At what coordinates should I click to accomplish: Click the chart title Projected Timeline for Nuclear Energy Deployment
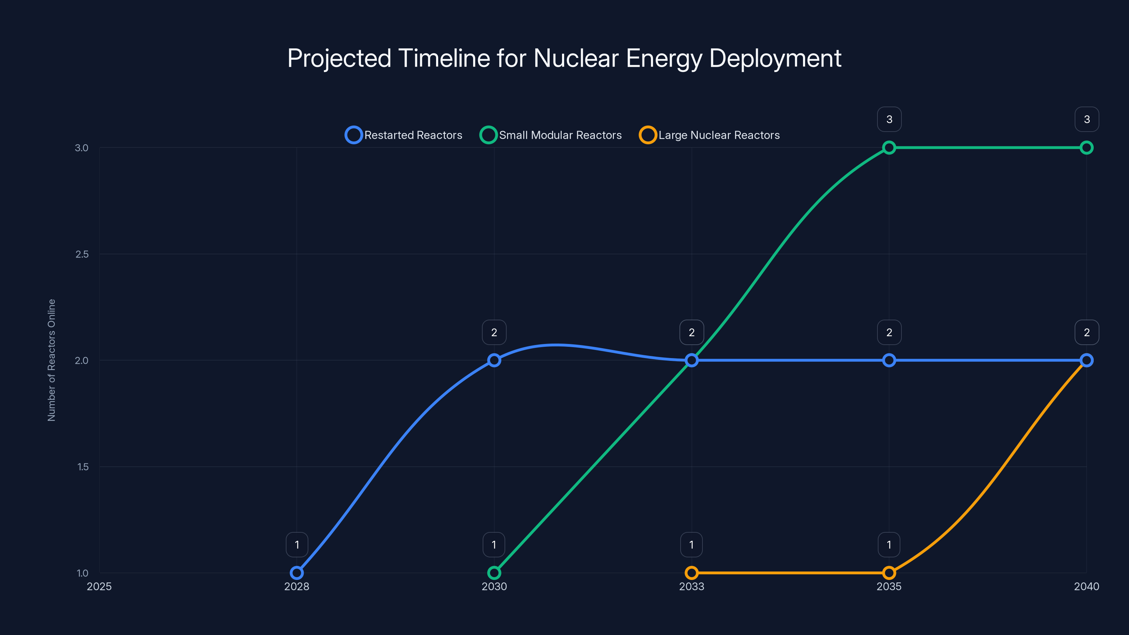[x=564, y=58]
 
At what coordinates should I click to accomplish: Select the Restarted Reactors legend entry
[x=404, y=135]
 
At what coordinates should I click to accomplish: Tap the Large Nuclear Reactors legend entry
[x=710, y=135]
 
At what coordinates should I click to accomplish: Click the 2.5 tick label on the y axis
[x=82, y=254]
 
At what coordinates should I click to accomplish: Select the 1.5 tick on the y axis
[x=83, y=467]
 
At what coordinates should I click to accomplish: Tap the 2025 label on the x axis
[x=99, y=586]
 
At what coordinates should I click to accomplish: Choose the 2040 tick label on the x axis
[x=1086, y=586]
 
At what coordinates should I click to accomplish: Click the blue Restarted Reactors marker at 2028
[x=297, y=573]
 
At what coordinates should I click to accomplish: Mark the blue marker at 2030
[x=494, y=360]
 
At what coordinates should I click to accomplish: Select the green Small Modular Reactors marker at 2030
[x=494, y=573]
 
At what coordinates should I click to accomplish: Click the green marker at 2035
[x=889, y=148]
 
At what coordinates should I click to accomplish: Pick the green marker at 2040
[x=1086, y=148]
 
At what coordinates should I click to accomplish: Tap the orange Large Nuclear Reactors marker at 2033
[x=692, y=573]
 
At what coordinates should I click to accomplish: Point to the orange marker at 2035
[x=889, y=573]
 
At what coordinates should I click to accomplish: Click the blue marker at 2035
[x=889, y=360]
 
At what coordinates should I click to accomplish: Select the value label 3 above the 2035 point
[x=889, y=119]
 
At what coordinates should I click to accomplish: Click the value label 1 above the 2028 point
[x=297, y=545]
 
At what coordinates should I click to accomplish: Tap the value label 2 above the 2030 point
[x=494, y=332]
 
